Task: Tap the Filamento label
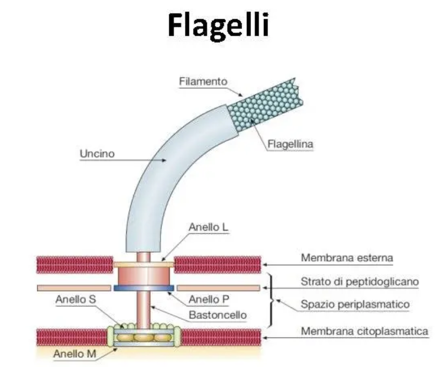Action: click(x=203, y=82)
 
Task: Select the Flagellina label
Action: click(x=290, y=144)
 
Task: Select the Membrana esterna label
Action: click(x=347, y=257)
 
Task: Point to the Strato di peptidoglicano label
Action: click(x=359, y=282)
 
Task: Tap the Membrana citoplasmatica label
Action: click(x=365, y=331)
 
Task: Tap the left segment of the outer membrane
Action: click(x=75, y=264)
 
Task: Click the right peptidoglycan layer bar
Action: click(x=218, y=287)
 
